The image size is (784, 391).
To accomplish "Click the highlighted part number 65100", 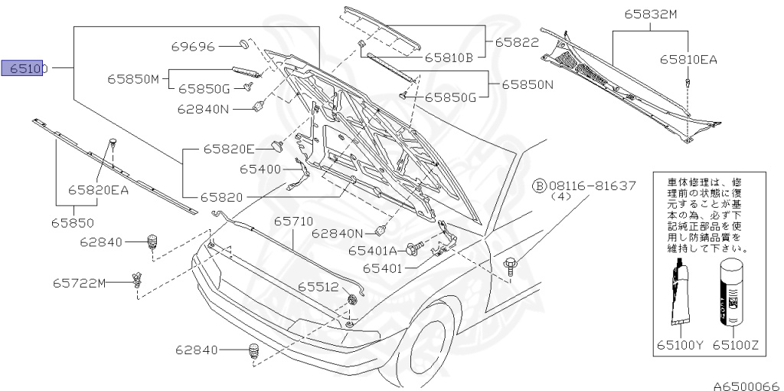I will tap(26, 68).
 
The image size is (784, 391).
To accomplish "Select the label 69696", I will tap(193, 47).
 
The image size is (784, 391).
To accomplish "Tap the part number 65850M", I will tap(132, 79).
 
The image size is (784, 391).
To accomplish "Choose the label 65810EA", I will tap(688, 59).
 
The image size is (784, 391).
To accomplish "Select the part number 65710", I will tap(294, 222).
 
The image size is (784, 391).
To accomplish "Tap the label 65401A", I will tap(372, 250).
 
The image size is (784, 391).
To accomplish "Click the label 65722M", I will tap(79, 283).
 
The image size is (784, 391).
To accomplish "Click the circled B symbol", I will tap(540, 186).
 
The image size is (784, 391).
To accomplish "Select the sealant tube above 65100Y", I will tap(680, 295).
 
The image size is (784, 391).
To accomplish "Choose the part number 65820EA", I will tap(98, 189).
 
